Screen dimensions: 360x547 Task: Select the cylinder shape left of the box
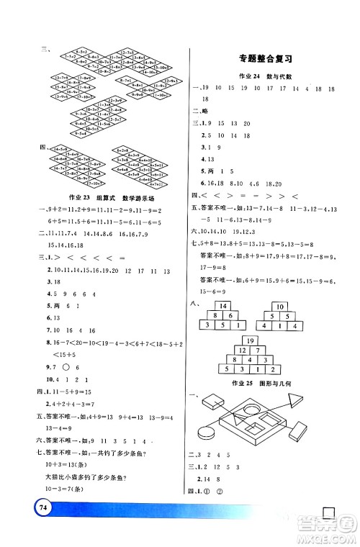tap(208, 435)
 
